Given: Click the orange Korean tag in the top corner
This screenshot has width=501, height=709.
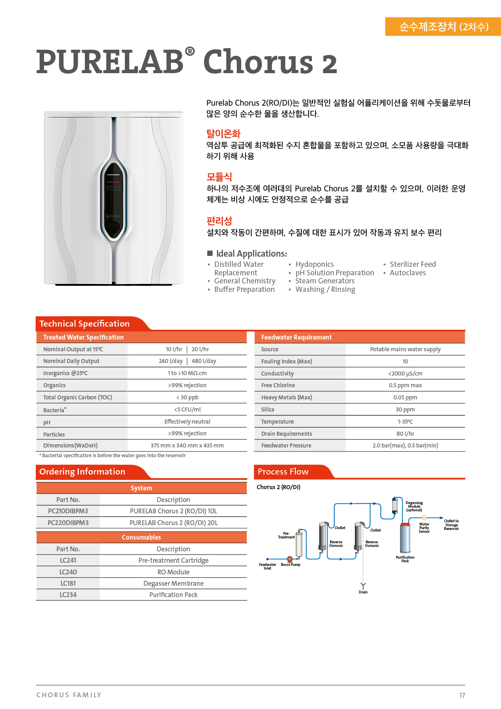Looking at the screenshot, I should coord(443,27).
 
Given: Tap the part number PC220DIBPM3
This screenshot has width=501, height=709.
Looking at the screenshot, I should coord(68,523).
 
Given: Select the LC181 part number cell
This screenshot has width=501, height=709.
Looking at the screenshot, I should coord(68,583).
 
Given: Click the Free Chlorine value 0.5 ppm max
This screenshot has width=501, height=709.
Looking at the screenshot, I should coord(405,385).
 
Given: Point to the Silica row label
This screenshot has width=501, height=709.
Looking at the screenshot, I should coord(267,409).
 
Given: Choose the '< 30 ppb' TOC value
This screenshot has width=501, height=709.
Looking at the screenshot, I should coord(187,397).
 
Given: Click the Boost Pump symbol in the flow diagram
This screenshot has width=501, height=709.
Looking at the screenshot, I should coord(290,559).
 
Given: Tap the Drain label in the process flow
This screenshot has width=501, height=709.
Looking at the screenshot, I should coord(363,592).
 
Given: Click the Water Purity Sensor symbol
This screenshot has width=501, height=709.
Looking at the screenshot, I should coord(424,518).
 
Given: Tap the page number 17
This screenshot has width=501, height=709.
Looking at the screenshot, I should coord(462,695).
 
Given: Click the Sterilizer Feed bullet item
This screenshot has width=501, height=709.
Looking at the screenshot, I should coord(413,264).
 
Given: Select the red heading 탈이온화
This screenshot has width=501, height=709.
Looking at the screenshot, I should coord(223,133).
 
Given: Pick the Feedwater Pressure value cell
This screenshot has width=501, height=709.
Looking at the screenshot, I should coord(405,445).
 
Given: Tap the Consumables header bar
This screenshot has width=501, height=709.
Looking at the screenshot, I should coord(141,537).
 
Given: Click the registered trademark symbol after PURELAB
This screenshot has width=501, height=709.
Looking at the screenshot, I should coord(190,51).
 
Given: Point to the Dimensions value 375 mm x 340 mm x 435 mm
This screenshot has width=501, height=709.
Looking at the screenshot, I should coord(187,445).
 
